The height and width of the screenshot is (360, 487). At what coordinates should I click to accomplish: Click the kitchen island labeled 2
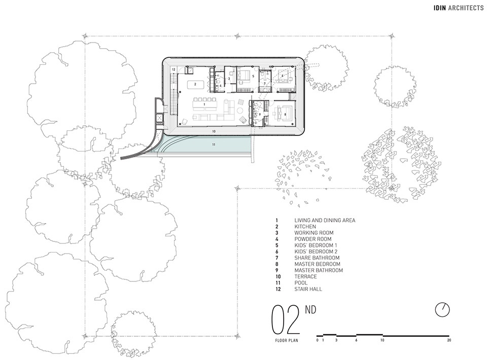pos(195,84)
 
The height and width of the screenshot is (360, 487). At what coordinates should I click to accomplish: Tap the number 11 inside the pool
pos(214,145)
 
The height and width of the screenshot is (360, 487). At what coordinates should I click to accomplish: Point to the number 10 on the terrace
pos(214,132)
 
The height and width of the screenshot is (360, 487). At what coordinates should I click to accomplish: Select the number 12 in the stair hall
pos(173,69)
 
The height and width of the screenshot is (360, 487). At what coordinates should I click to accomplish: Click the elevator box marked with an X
pos(159,118)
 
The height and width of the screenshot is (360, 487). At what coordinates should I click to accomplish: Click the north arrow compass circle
pos(442,310)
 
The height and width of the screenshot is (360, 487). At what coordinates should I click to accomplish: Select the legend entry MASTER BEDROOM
pos(317,264)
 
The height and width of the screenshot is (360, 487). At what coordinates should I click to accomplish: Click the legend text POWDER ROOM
pos(313,239)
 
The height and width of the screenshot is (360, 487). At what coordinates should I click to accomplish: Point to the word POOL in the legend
pos(301,283)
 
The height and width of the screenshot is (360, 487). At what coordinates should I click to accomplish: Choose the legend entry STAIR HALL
pos(308,289)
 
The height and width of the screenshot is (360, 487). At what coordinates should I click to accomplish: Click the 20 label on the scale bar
pos(449,340)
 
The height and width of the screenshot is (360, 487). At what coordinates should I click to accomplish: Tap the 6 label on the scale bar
pos(356,340)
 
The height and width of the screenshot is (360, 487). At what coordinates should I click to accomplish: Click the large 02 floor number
pos(286,319)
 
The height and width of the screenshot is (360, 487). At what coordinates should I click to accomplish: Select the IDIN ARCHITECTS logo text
pos(459,8)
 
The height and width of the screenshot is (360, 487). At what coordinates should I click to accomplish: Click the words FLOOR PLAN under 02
pos(286,340)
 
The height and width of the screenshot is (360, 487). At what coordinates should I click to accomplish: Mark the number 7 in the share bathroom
pos(265,84)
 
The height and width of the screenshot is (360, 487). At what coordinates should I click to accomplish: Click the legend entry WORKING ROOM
pos(314,233)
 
